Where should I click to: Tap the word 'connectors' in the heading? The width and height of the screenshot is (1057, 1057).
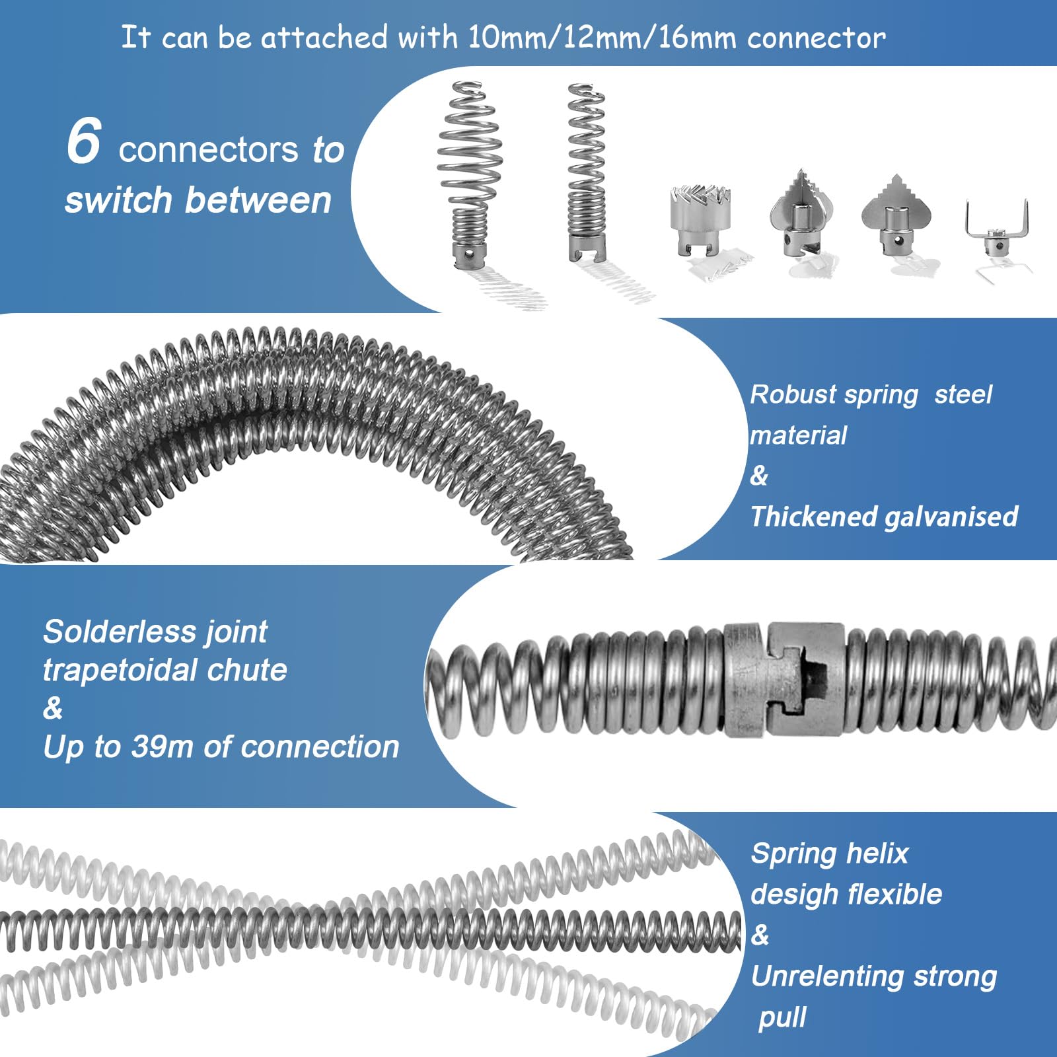click(x=208, y=150)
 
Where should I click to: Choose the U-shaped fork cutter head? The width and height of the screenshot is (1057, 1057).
click(x=996, y=229)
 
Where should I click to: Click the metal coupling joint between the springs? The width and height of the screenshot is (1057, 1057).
click(x=785, y=680)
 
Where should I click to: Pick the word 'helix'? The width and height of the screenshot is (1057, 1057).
click(x=878, y=854)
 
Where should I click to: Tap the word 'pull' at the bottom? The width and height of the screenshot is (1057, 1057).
click(x=783, y=1018)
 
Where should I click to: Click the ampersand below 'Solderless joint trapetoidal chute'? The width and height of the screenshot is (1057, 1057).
click(x=53, y=708)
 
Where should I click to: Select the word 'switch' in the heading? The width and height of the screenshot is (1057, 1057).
click(x=118, y=200)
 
